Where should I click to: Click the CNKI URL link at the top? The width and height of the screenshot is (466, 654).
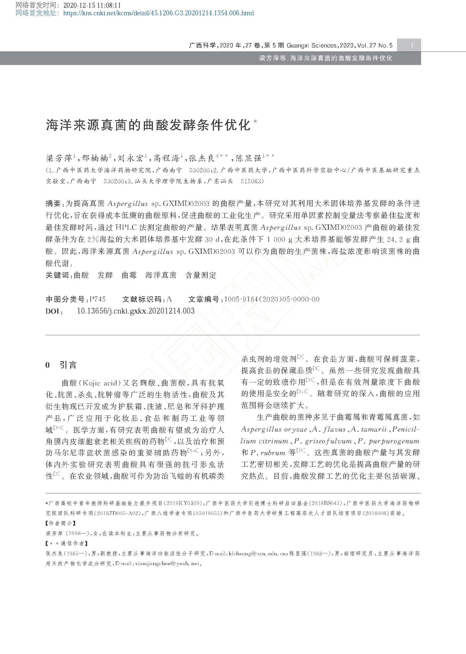[158, 13]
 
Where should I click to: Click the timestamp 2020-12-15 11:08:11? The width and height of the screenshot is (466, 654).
[92, 5]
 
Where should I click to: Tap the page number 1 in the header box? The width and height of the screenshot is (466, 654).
[412, 45]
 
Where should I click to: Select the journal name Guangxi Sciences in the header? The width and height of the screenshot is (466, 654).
[311, 45]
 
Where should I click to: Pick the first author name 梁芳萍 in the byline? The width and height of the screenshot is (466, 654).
[59, 158]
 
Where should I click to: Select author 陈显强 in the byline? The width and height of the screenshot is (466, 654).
[248, 158]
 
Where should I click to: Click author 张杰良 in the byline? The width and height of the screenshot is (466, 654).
[202, 158]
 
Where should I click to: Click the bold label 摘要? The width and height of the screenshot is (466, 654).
[53, 204]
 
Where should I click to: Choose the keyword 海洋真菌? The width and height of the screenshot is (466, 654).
[161, 275]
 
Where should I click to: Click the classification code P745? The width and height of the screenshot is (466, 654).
[98, 299]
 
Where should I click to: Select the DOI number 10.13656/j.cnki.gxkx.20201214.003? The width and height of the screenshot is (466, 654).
[136, 311]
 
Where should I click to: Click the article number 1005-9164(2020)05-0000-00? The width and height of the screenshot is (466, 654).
[271, 299]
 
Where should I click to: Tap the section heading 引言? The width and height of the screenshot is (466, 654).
[68, 365]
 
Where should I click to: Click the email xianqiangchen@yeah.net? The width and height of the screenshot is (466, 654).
[167, 564]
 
